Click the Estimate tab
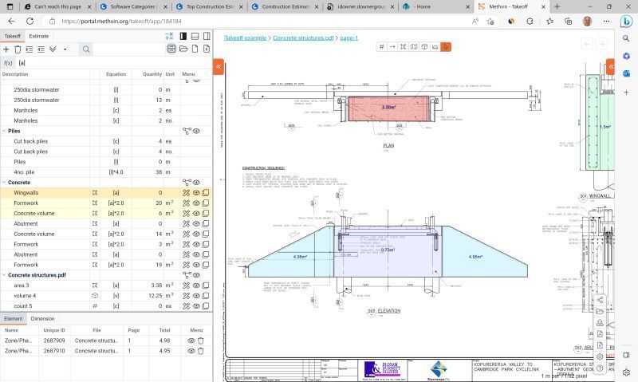38,36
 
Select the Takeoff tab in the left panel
12,36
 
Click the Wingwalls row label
26,192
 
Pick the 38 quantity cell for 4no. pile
159,172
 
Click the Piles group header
14,131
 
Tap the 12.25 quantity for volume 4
155,295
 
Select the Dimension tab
42,319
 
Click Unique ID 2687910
54,351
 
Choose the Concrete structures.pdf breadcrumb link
303,37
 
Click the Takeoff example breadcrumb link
245,37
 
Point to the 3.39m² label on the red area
388,107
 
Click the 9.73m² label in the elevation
388,250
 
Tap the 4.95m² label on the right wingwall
475,257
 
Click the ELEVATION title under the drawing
389,311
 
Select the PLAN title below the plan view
388,146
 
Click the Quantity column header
152,74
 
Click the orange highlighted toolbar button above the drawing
446,47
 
